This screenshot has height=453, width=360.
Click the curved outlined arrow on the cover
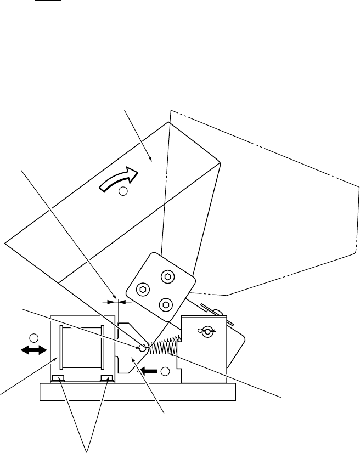pyautogui.click(x=117, y=179)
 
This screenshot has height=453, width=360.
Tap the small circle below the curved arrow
pyautogui.click(x=123, y=191)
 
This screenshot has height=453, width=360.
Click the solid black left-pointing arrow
pyautogui.click(x=148, y=371)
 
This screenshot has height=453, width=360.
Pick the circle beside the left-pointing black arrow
pyautogui.click(x=165, y=372)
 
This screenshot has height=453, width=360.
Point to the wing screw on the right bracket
pyautogui.click(x=207, y=331)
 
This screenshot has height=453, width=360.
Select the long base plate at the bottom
pyautogui.click(x=137, y=392)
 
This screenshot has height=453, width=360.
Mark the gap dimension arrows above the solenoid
pyautogui.click(x=115, y=301)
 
